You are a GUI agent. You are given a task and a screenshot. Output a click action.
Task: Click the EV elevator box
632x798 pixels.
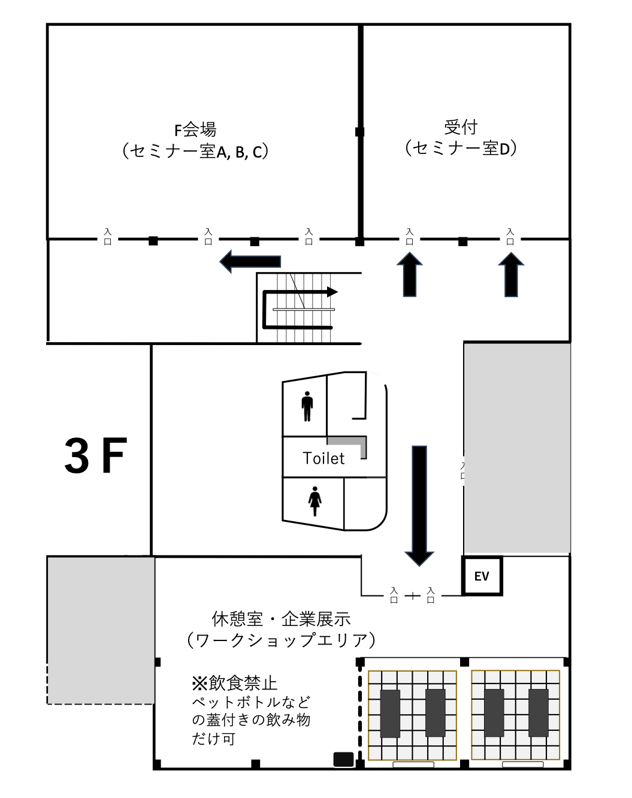click(482, 576)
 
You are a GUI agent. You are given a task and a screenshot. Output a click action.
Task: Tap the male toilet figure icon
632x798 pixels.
click(307, 406)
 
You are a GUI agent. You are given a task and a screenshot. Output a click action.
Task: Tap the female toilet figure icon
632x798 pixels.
click(315, 501)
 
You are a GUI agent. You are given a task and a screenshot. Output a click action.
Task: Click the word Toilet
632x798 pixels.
click(323, 458)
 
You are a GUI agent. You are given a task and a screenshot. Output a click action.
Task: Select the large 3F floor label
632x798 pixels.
click(96, 455)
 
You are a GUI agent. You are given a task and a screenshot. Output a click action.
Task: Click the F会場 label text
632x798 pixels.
click(195, 129)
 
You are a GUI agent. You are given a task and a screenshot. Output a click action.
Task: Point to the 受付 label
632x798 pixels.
click(461, 127)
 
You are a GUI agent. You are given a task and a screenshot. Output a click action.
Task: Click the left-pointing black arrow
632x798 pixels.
click(250, 261)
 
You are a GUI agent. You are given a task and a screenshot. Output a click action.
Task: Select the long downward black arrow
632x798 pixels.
click(419, 506)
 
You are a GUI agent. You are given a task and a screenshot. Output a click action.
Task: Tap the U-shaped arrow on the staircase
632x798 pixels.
click(264, 310)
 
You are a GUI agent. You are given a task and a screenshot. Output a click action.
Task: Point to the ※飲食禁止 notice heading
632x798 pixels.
click(235, 683)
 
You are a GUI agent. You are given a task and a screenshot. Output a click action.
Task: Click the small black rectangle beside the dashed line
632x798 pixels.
click(343, 759)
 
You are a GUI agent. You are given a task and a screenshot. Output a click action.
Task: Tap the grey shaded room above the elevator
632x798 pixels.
click(517, 448)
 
